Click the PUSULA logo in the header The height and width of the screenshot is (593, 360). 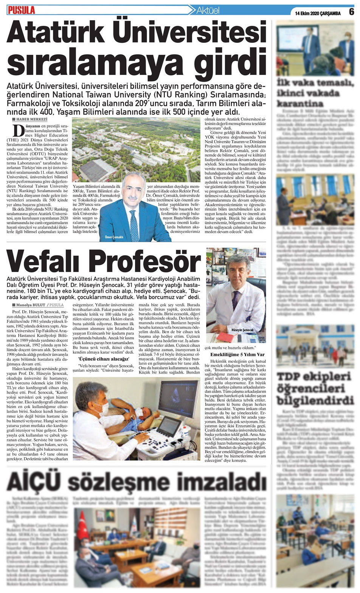[22, 10]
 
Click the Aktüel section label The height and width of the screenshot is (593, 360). [208, 11]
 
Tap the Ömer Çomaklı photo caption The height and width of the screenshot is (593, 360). [114, 237]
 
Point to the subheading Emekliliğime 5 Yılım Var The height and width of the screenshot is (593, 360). [237, 355]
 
